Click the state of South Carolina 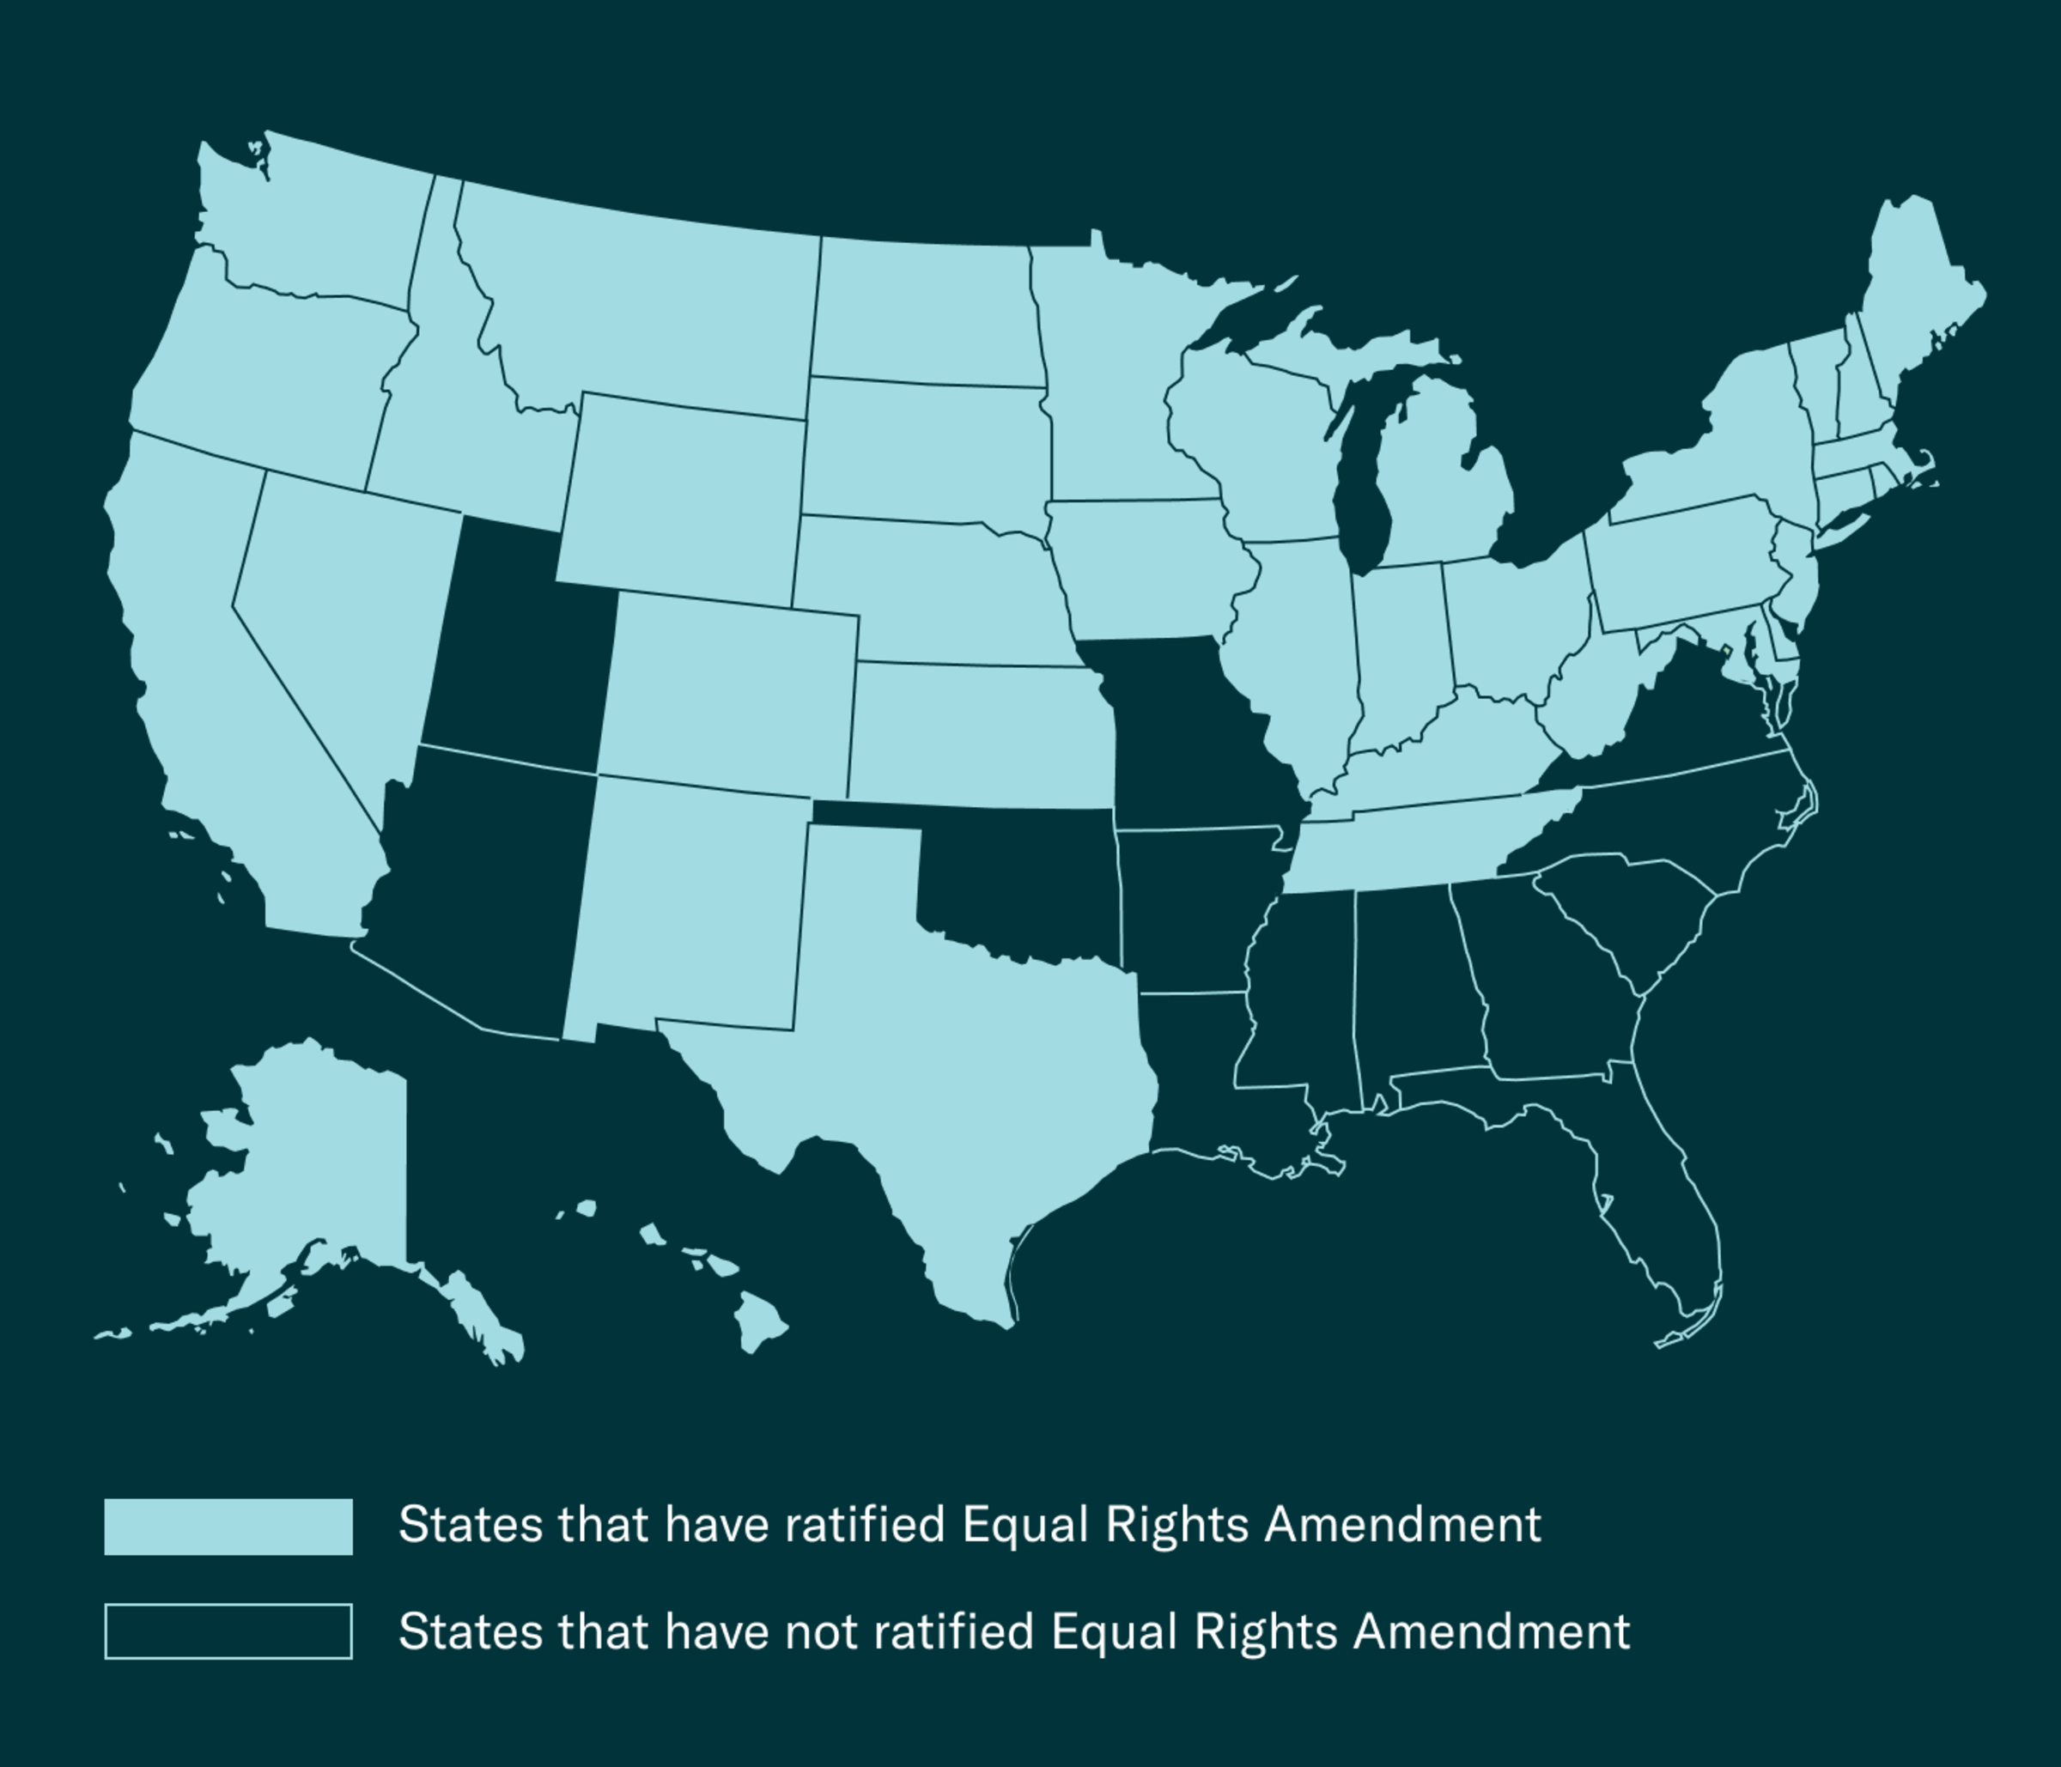point(1632,914)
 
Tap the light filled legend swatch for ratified point(228,1527)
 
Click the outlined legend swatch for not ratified point(228,1630)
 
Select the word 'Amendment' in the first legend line point(1402,1524)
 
